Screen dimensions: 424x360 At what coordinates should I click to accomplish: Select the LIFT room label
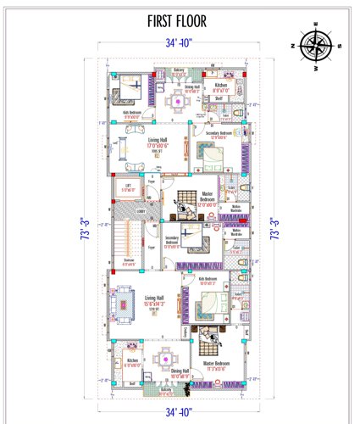point(126,189)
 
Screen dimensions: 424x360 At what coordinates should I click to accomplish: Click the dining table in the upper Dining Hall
point(178,103)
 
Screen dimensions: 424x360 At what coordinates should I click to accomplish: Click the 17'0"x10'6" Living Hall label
point(159,148)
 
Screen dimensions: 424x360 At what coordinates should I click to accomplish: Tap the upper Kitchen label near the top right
point(220,86)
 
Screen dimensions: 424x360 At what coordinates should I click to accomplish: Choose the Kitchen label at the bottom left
point(132,362)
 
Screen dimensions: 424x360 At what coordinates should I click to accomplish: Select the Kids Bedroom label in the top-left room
point(131,114)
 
